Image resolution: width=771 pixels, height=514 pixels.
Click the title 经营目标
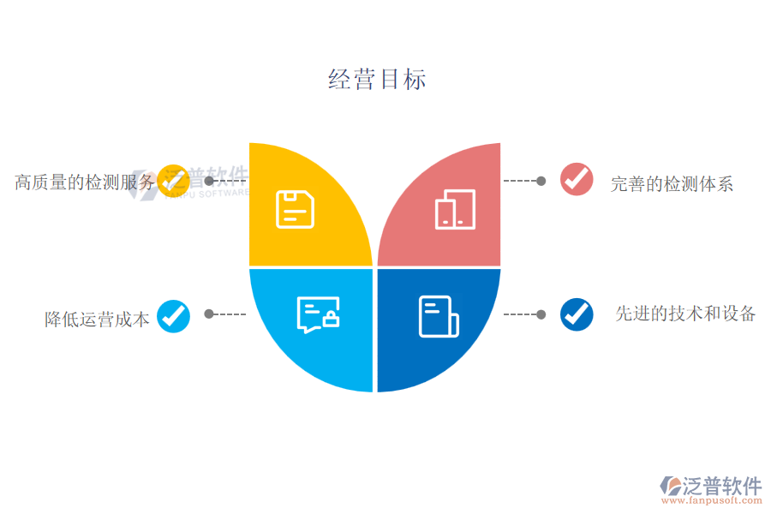377,79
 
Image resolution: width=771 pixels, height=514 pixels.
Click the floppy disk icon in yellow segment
295,210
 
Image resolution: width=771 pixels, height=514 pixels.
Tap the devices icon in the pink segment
456,210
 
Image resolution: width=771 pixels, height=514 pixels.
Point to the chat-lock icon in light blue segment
318,314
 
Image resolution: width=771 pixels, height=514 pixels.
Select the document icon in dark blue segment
439,317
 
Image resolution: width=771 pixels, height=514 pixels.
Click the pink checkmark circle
577,179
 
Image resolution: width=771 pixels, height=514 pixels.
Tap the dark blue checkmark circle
577,314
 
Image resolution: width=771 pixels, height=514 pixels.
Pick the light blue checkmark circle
174,316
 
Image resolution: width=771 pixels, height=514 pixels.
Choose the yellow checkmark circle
174,181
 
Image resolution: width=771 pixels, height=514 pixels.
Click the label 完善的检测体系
672,184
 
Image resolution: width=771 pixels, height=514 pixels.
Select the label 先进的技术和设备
685,314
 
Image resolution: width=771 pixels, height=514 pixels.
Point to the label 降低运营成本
97,320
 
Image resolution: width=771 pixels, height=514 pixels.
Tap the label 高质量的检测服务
85,182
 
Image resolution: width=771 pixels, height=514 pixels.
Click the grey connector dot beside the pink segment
541,181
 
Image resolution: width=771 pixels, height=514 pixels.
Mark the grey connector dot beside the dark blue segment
541,314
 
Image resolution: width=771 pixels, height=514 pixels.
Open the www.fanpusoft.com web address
712,500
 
